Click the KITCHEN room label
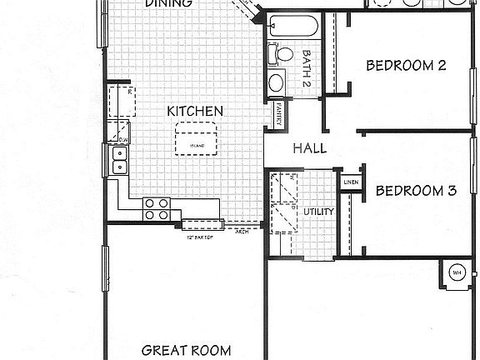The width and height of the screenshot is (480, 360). tap(195, 111)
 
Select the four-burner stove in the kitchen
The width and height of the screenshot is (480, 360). tap(156, 208)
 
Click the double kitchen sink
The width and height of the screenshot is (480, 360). tap(118, 159)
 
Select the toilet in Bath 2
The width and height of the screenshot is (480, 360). tap(281, 54)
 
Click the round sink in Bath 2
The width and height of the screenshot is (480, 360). tap(277, 82)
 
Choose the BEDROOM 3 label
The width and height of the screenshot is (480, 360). tap(415, 191)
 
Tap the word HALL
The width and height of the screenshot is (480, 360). tap(309, 149)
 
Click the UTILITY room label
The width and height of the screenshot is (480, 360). tap(318, 212)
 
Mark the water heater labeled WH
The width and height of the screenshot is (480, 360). tap(457, 272)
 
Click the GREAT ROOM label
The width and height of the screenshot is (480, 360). tap(186, 351)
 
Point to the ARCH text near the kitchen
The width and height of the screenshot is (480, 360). tap(242, 232)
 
